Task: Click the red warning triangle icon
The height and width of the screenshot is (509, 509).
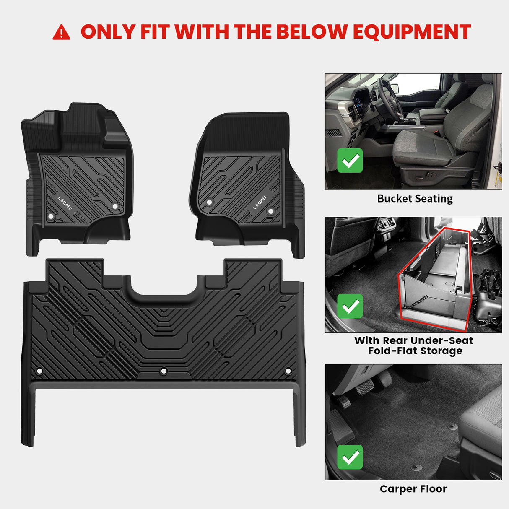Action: coord(61,32)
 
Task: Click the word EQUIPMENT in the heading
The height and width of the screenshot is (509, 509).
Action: coord(412,32)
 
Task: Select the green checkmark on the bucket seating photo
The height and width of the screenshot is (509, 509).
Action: coord(350,161)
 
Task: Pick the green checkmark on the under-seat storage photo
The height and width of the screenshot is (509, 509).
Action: coord(350,306)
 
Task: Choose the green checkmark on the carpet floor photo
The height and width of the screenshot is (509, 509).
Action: coord(350,457)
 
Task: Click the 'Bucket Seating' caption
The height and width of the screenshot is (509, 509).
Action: coord(415,199)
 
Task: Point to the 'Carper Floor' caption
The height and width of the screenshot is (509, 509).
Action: coord(413,489)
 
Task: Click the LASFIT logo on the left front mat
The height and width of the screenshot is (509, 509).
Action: coord(65,203)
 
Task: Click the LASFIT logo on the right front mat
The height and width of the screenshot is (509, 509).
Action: coord(260,202)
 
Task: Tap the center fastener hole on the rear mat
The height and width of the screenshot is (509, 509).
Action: coord(164,371)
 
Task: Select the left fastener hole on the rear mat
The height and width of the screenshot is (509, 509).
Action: coord(39,371)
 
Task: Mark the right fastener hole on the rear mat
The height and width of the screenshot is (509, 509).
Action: coord(288,371)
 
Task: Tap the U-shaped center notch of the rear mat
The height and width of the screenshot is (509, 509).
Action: coord(164,289)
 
